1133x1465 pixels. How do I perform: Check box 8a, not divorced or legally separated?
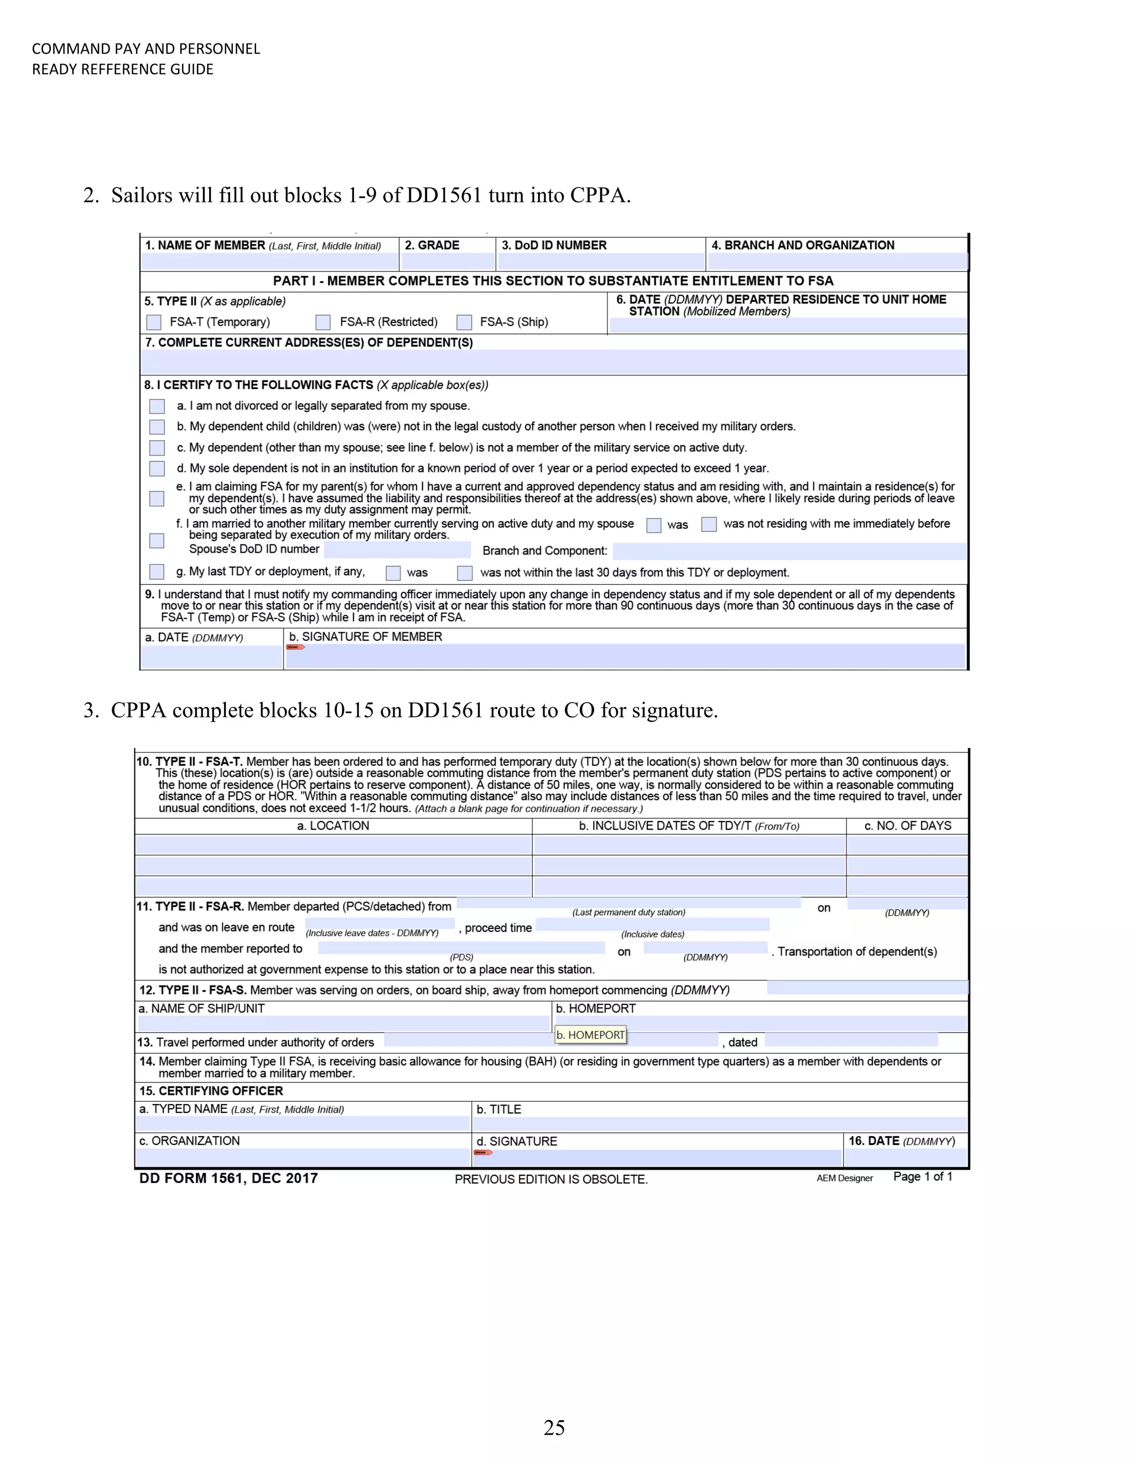tap(157, 406)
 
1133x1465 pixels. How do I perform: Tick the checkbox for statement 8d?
tap(157, 468)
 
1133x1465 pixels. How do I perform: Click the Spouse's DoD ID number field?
tap(397, 550)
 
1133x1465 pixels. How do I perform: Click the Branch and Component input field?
tap(789, 551)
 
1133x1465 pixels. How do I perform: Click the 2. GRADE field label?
tap(432, 245)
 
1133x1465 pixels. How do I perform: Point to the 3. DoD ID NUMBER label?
tap(554, 245)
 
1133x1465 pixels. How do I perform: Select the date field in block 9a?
tap(211, 657)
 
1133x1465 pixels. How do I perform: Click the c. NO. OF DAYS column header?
tap(907, 826)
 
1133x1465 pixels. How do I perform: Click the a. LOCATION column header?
tap(333, 826)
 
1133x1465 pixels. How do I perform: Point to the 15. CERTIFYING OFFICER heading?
tap(211, 1091)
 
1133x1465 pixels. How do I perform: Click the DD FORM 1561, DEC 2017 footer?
tap(228, 1179)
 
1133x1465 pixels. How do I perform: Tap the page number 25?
tap(554, 1427)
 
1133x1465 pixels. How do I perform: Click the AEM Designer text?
tap(844, 1179)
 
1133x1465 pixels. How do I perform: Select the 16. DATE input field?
tap(906, 1157)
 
